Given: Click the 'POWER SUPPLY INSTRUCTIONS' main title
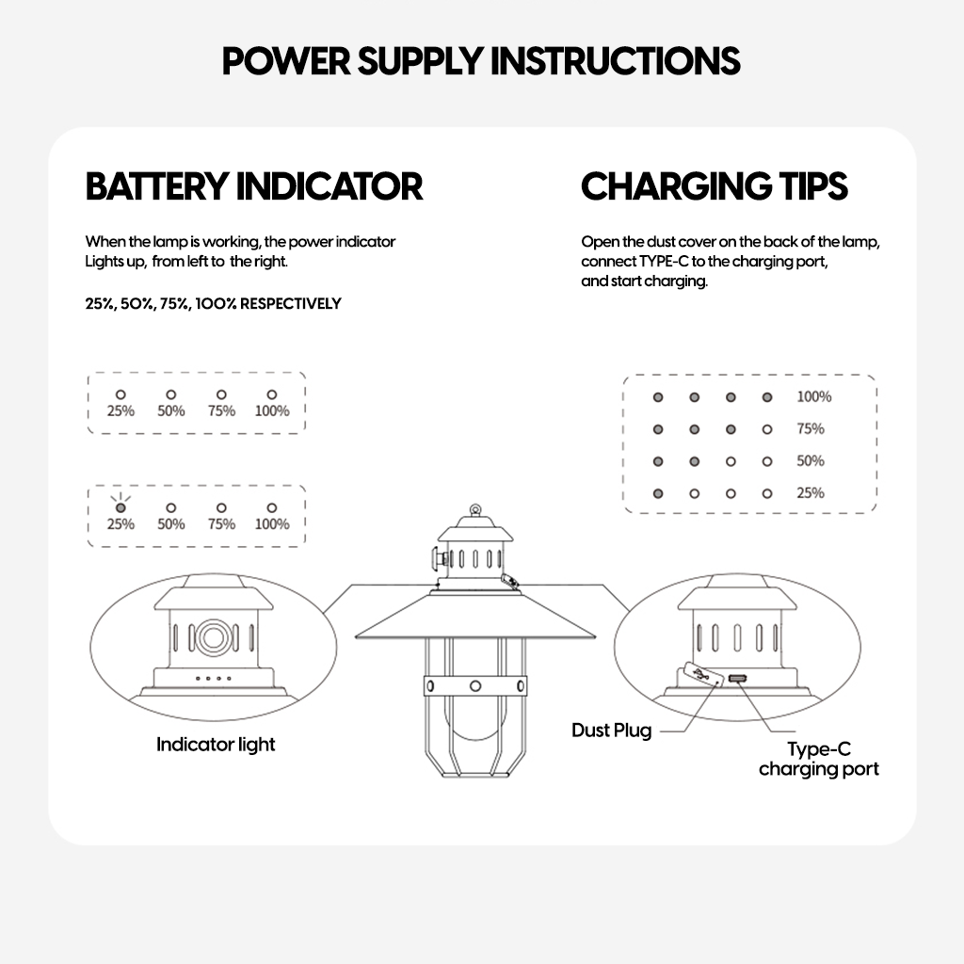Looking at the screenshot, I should [x=481, y=61].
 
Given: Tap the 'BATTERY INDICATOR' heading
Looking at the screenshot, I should [x=254, y=186].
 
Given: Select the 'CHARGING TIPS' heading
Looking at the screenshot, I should [x=715, y=186].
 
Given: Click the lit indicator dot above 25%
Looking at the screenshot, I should [x=120, y=507].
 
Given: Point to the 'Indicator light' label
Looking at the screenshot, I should [x=216, y=745].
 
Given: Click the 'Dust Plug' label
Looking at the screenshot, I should [x=611, y=731].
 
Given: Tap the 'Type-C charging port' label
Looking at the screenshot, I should [x=818, y=760].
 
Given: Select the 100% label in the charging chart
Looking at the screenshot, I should [x=814, y=397].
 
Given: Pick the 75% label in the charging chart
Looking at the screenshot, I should [x=810, y=429].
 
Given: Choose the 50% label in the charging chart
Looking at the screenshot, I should [x=810, y=461].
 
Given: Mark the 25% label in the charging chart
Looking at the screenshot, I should [x=810, y=493].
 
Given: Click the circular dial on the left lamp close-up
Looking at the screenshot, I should [x=212, y=637].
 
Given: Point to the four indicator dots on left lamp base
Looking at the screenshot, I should [x=212, y=678].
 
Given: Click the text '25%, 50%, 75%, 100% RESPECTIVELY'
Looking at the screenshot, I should [x=213, y=304].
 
